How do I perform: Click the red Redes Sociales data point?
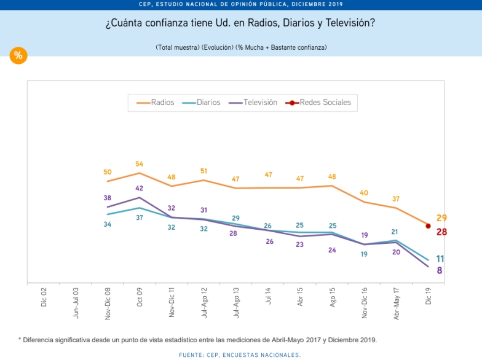coord(428,225)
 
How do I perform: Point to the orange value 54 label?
coord(140,165)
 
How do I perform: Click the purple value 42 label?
coord(140,189)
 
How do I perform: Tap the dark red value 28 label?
coord(441,232)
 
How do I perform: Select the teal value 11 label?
coord(441,259)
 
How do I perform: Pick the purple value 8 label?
coord(440,270)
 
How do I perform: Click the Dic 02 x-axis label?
coord(44,297)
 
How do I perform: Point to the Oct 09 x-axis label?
coord(140,297)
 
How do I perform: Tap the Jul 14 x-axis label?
coord(268,297)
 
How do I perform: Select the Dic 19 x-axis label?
coord(429,297)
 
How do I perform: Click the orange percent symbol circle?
coord(18,56)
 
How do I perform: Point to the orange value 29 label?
coord(441,218)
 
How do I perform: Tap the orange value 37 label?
coord(396,199)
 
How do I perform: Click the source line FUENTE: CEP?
coord(240,354)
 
